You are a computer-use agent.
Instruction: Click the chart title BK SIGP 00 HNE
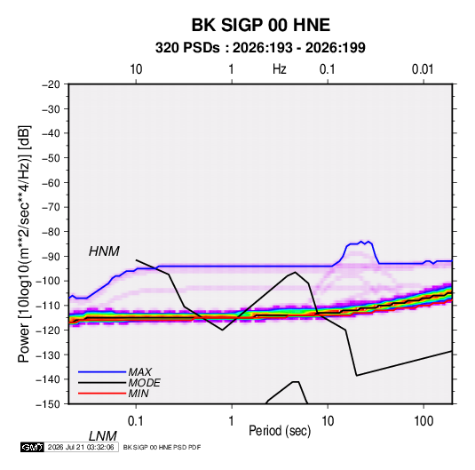[260, 25]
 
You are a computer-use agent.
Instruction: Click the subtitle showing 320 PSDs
[260, 48]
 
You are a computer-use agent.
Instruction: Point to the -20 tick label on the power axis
[51, 84]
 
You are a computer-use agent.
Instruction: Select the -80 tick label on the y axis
[51, 232]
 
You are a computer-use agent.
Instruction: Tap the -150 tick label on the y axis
[48, 404]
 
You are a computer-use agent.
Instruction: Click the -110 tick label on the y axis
[48, 306]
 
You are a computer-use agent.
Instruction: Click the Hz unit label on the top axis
[280, 69]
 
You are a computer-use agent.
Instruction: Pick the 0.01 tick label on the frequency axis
[423, 69]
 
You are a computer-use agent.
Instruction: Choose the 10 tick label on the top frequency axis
[136, 69]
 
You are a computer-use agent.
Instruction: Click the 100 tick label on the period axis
[424, 421]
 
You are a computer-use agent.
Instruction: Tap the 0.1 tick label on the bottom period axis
[136, 421]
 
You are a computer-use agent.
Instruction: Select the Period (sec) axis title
[280, 431]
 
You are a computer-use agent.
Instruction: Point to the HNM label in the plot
[104, 251]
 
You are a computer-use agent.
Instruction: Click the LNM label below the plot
[103, 436]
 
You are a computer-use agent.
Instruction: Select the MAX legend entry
[139, 372]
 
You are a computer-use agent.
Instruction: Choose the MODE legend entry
[144, 383]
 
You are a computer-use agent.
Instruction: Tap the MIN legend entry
[139, 394]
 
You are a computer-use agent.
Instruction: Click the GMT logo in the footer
[32, 447]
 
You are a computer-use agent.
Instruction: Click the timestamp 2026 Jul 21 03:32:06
[81, 447]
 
